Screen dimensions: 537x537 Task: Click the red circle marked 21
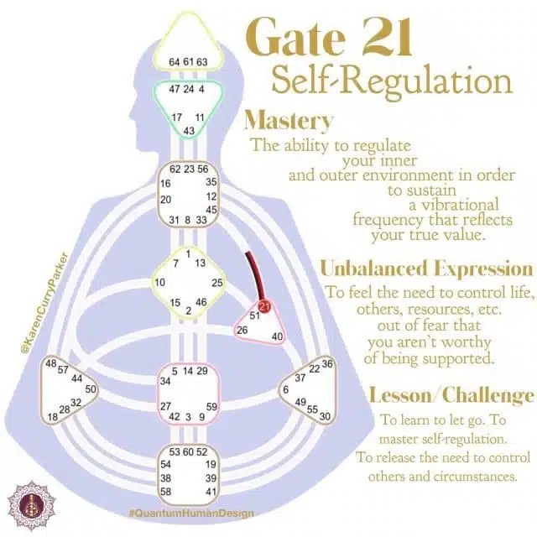click(x=266, y=306)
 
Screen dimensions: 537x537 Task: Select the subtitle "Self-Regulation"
click(x=390, y=82)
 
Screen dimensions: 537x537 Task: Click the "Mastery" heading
click(x=288, y=121)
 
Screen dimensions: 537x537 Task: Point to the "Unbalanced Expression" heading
click(x=426, y=268)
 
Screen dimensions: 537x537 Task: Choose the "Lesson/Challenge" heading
click(x=451, y=395)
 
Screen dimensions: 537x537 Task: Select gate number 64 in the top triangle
click(x=174, y=61)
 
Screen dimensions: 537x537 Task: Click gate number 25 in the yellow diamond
click(x=217, y=283)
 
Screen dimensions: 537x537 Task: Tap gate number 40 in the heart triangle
click(x=278, y=336)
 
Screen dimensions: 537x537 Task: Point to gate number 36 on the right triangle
click(x=326, y=363)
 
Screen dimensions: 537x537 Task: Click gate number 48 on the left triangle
click(x=51, y=363)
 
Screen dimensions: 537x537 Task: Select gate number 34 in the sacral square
click(x=165, y=381)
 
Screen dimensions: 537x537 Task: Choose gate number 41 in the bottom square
click(x=211, y=491)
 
